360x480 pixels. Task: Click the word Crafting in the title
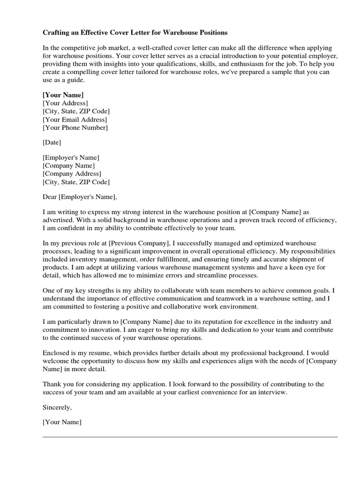point(56,33)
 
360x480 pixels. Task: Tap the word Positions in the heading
point(211,33)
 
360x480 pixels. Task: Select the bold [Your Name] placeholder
point(63,95)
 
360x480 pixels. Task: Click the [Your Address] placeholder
point(65,103)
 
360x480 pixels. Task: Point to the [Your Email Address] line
point(75,120)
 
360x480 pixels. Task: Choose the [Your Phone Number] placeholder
point(75,127)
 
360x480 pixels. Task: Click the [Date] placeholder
point(52,142)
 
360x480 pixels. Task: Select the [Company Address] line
point(71,174)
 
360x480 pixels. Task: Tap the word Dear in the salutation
point(50,196)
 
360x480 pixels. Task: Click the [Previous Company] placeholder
point(139,243)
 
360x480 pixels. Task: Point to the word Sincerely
point(57,407)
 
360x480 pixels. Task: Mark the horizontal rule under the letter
point(190,437)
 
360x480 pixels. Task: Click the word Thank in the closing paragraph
point(52,384)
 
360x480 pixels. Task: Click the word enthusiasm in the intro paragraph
point(265,63)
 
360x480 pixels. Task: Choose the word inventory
point(84,259)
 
